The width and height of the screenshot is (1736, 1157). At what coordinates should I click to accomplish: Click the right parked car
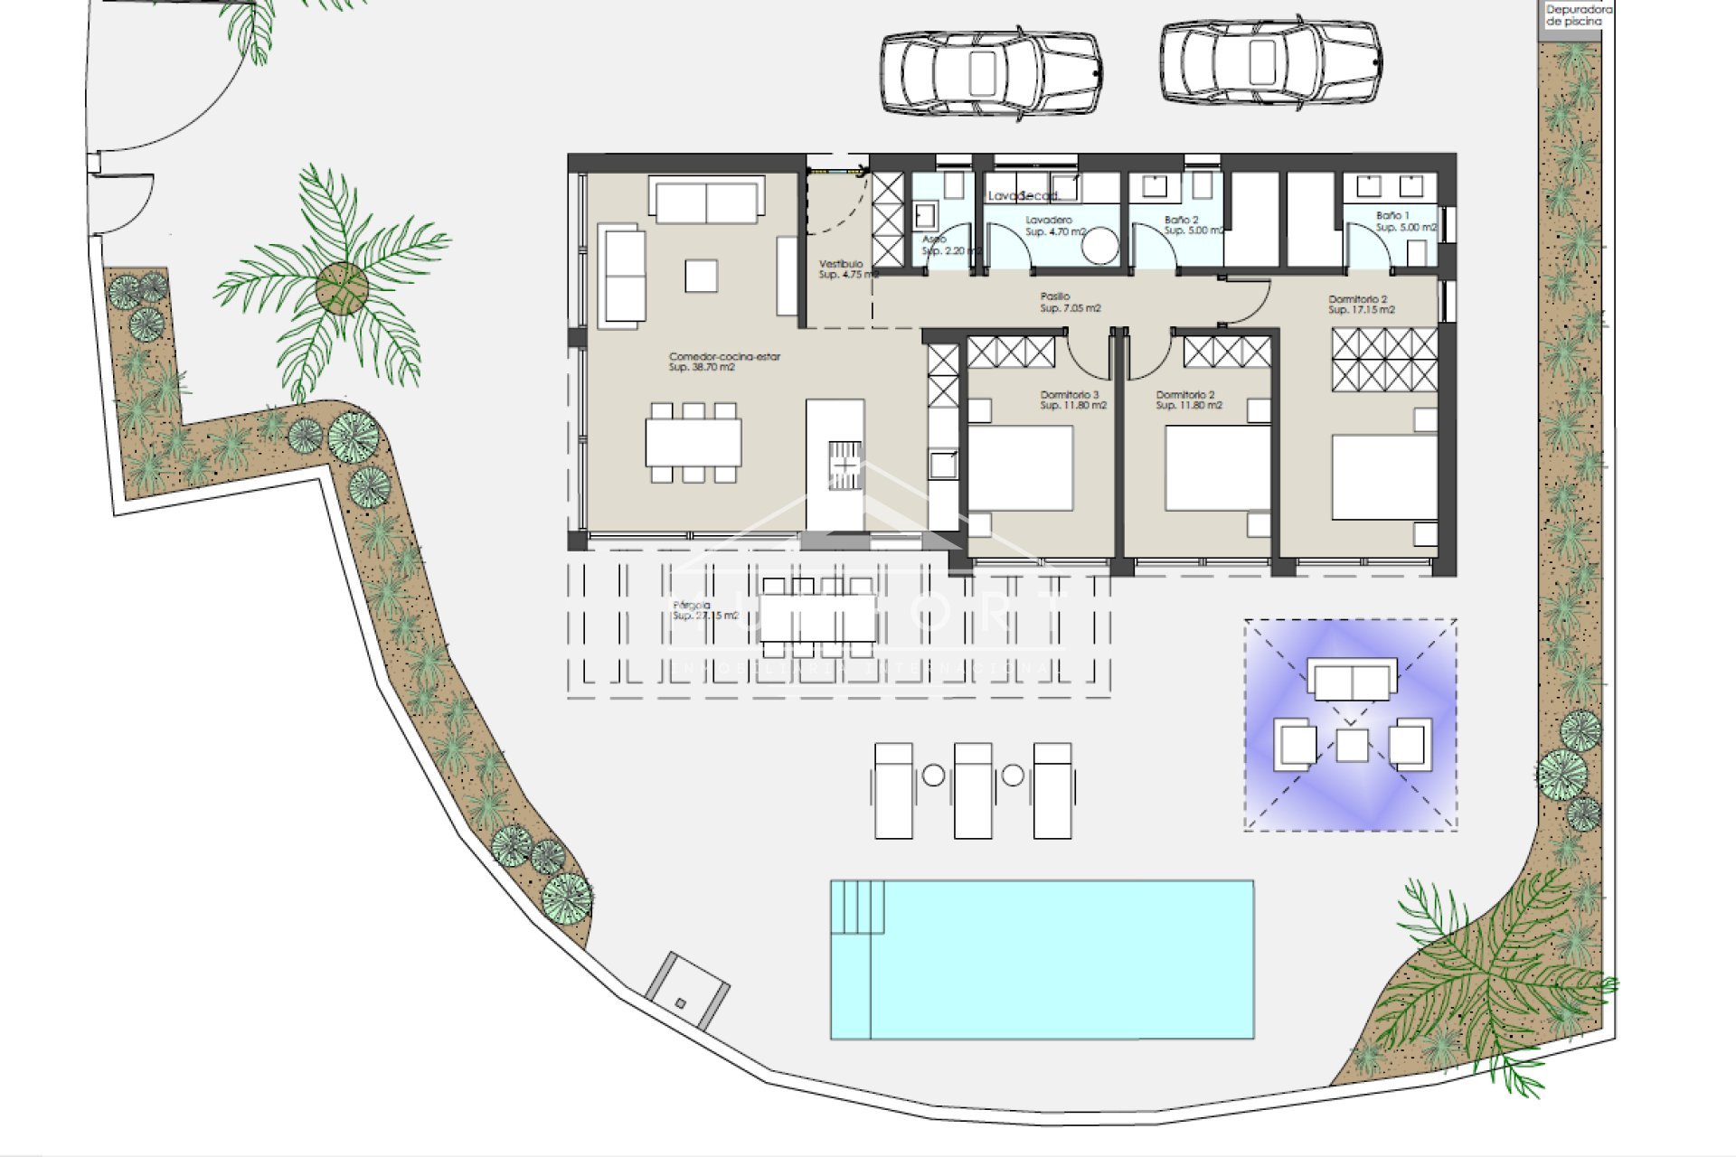coord(1270,61)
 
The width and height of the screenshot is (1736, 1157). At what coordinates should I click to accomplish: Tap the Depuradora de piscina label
coord(1572,15)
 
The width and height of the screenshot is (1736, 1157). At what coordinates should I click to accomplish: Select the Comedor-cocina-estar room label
coord(724,362)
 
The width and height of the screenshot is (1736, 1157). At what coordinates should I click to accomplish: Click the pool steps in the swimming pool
coord(857,907)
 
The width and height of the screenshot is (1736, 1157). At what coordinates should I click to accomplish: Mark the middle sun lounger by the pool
coord(973,790)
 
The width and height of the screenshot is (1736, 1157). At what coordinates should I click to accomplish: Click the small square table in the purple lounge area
coord(1352,745)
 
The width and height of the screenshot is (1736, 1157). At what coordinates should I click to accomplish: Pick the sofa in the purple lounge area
coord(1352,679)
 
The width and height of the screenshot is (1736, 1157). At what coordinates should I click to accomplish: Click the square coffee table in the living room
coord(701,276)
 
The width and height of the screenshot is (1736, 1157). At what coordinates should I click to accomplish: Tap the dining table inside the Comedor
coord(693,442)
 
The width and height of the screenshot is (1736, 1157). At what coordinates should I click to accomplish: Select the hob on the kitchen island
coord(844,465)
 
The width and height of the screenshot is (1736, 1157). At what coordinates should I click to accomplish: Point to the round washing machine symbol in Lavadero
coord(1099,245)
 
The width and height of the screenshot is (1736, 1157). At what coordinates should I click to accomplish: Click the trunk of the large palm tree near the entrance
coord(342,288)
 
